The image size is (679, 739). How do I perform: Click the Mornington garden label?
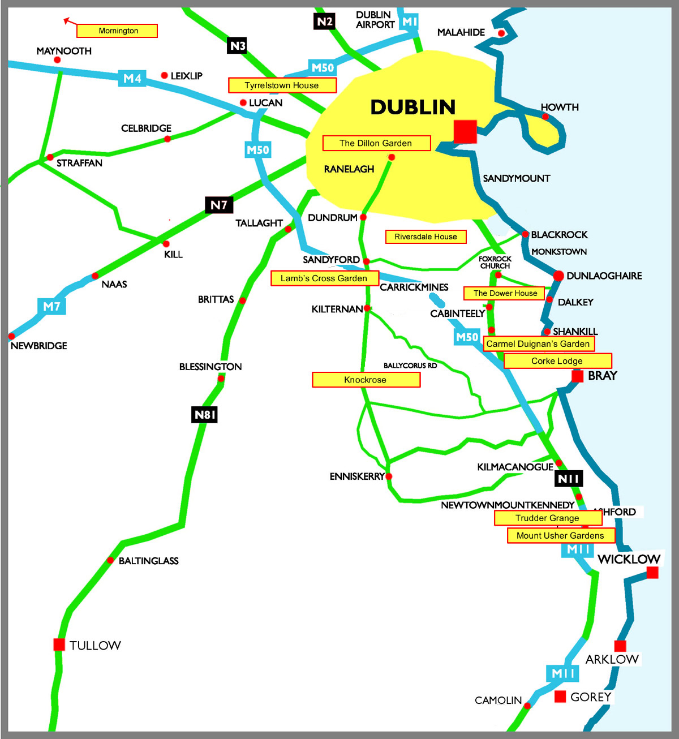[x=117, y=31]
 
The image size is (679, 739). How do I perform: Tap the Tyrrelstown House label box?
[x=282, y=85]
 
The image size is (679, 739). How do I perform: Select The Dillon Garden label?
[x=376, y=143]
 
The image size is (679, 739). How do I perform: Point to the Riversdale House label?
[x=426, y=237]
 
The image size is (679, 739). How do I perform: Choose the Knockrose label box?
[x=366, y=380]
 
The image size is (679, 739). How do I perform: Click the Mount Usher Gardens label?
[x=561, y=536]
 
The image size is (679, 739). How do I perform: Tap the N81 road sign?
[x=204, y=415]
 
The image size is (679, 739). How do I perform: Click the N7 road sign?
[x=219, y=205]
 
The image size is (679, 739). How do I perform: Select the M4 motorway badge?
[x=132, y=79]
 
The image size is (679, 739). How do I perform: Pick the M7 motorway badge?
[x=51, y=307]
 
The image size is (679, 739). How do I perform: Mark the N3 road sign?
[x=237, y=46]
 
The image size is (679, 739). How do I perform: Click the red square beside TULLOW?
[x=59, y=645]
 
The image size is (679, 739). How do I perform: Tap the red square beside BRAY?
[x=577, y=376]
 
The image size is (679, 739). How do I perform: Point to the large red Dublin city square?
[x=465, y=131]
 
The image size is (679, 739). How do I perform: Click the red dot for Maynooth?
[x=57, y=59]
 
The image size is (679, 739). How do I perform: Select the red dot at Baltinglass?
[x=110, y=560]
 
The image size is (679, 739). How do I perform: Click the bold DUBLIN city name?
[x=412, y=107]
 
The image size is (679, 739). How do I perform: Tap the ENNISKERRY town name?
[x=357, y=476]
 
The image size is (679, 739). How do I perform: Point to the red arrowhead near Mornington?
[x=67, y=20]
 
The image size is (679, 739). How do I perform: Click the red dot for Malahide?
[x=501, y=33]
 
